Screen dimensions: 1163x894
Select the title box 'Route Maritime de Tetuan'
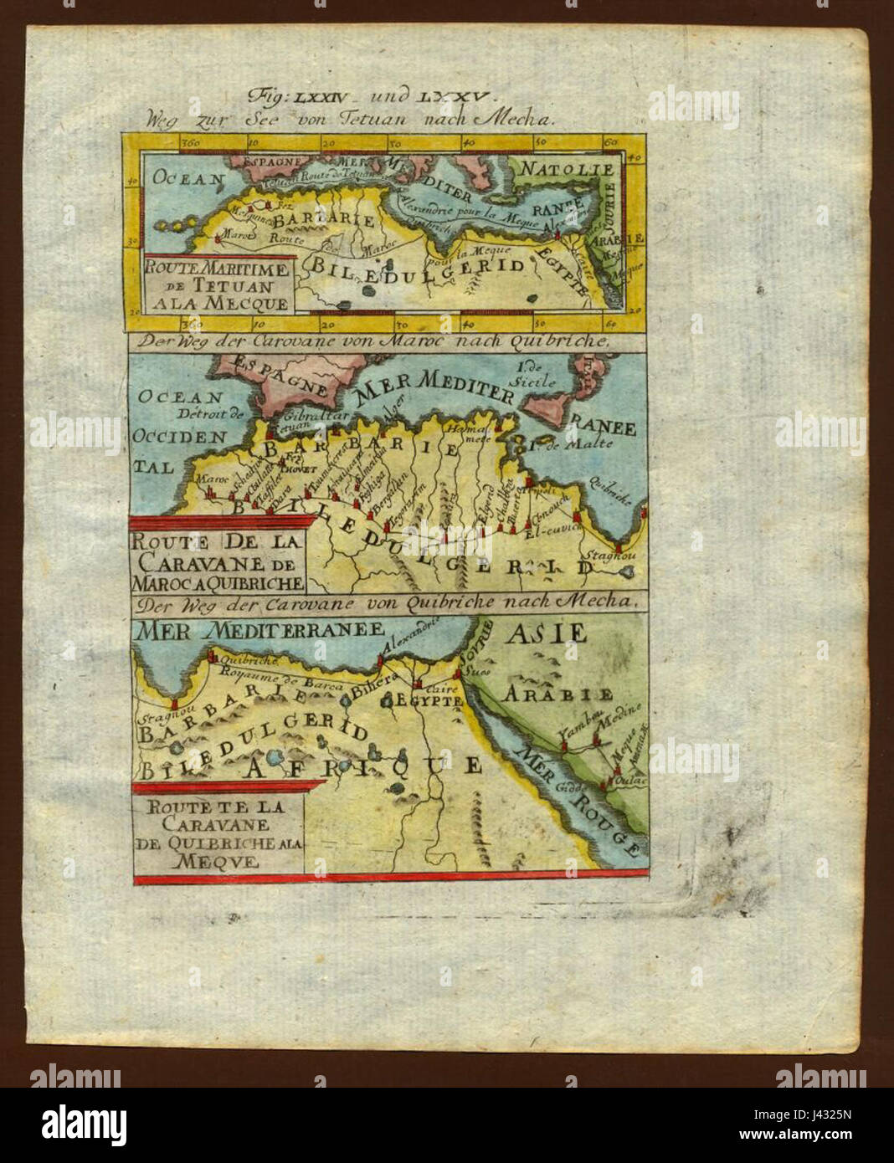[218, 284]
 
